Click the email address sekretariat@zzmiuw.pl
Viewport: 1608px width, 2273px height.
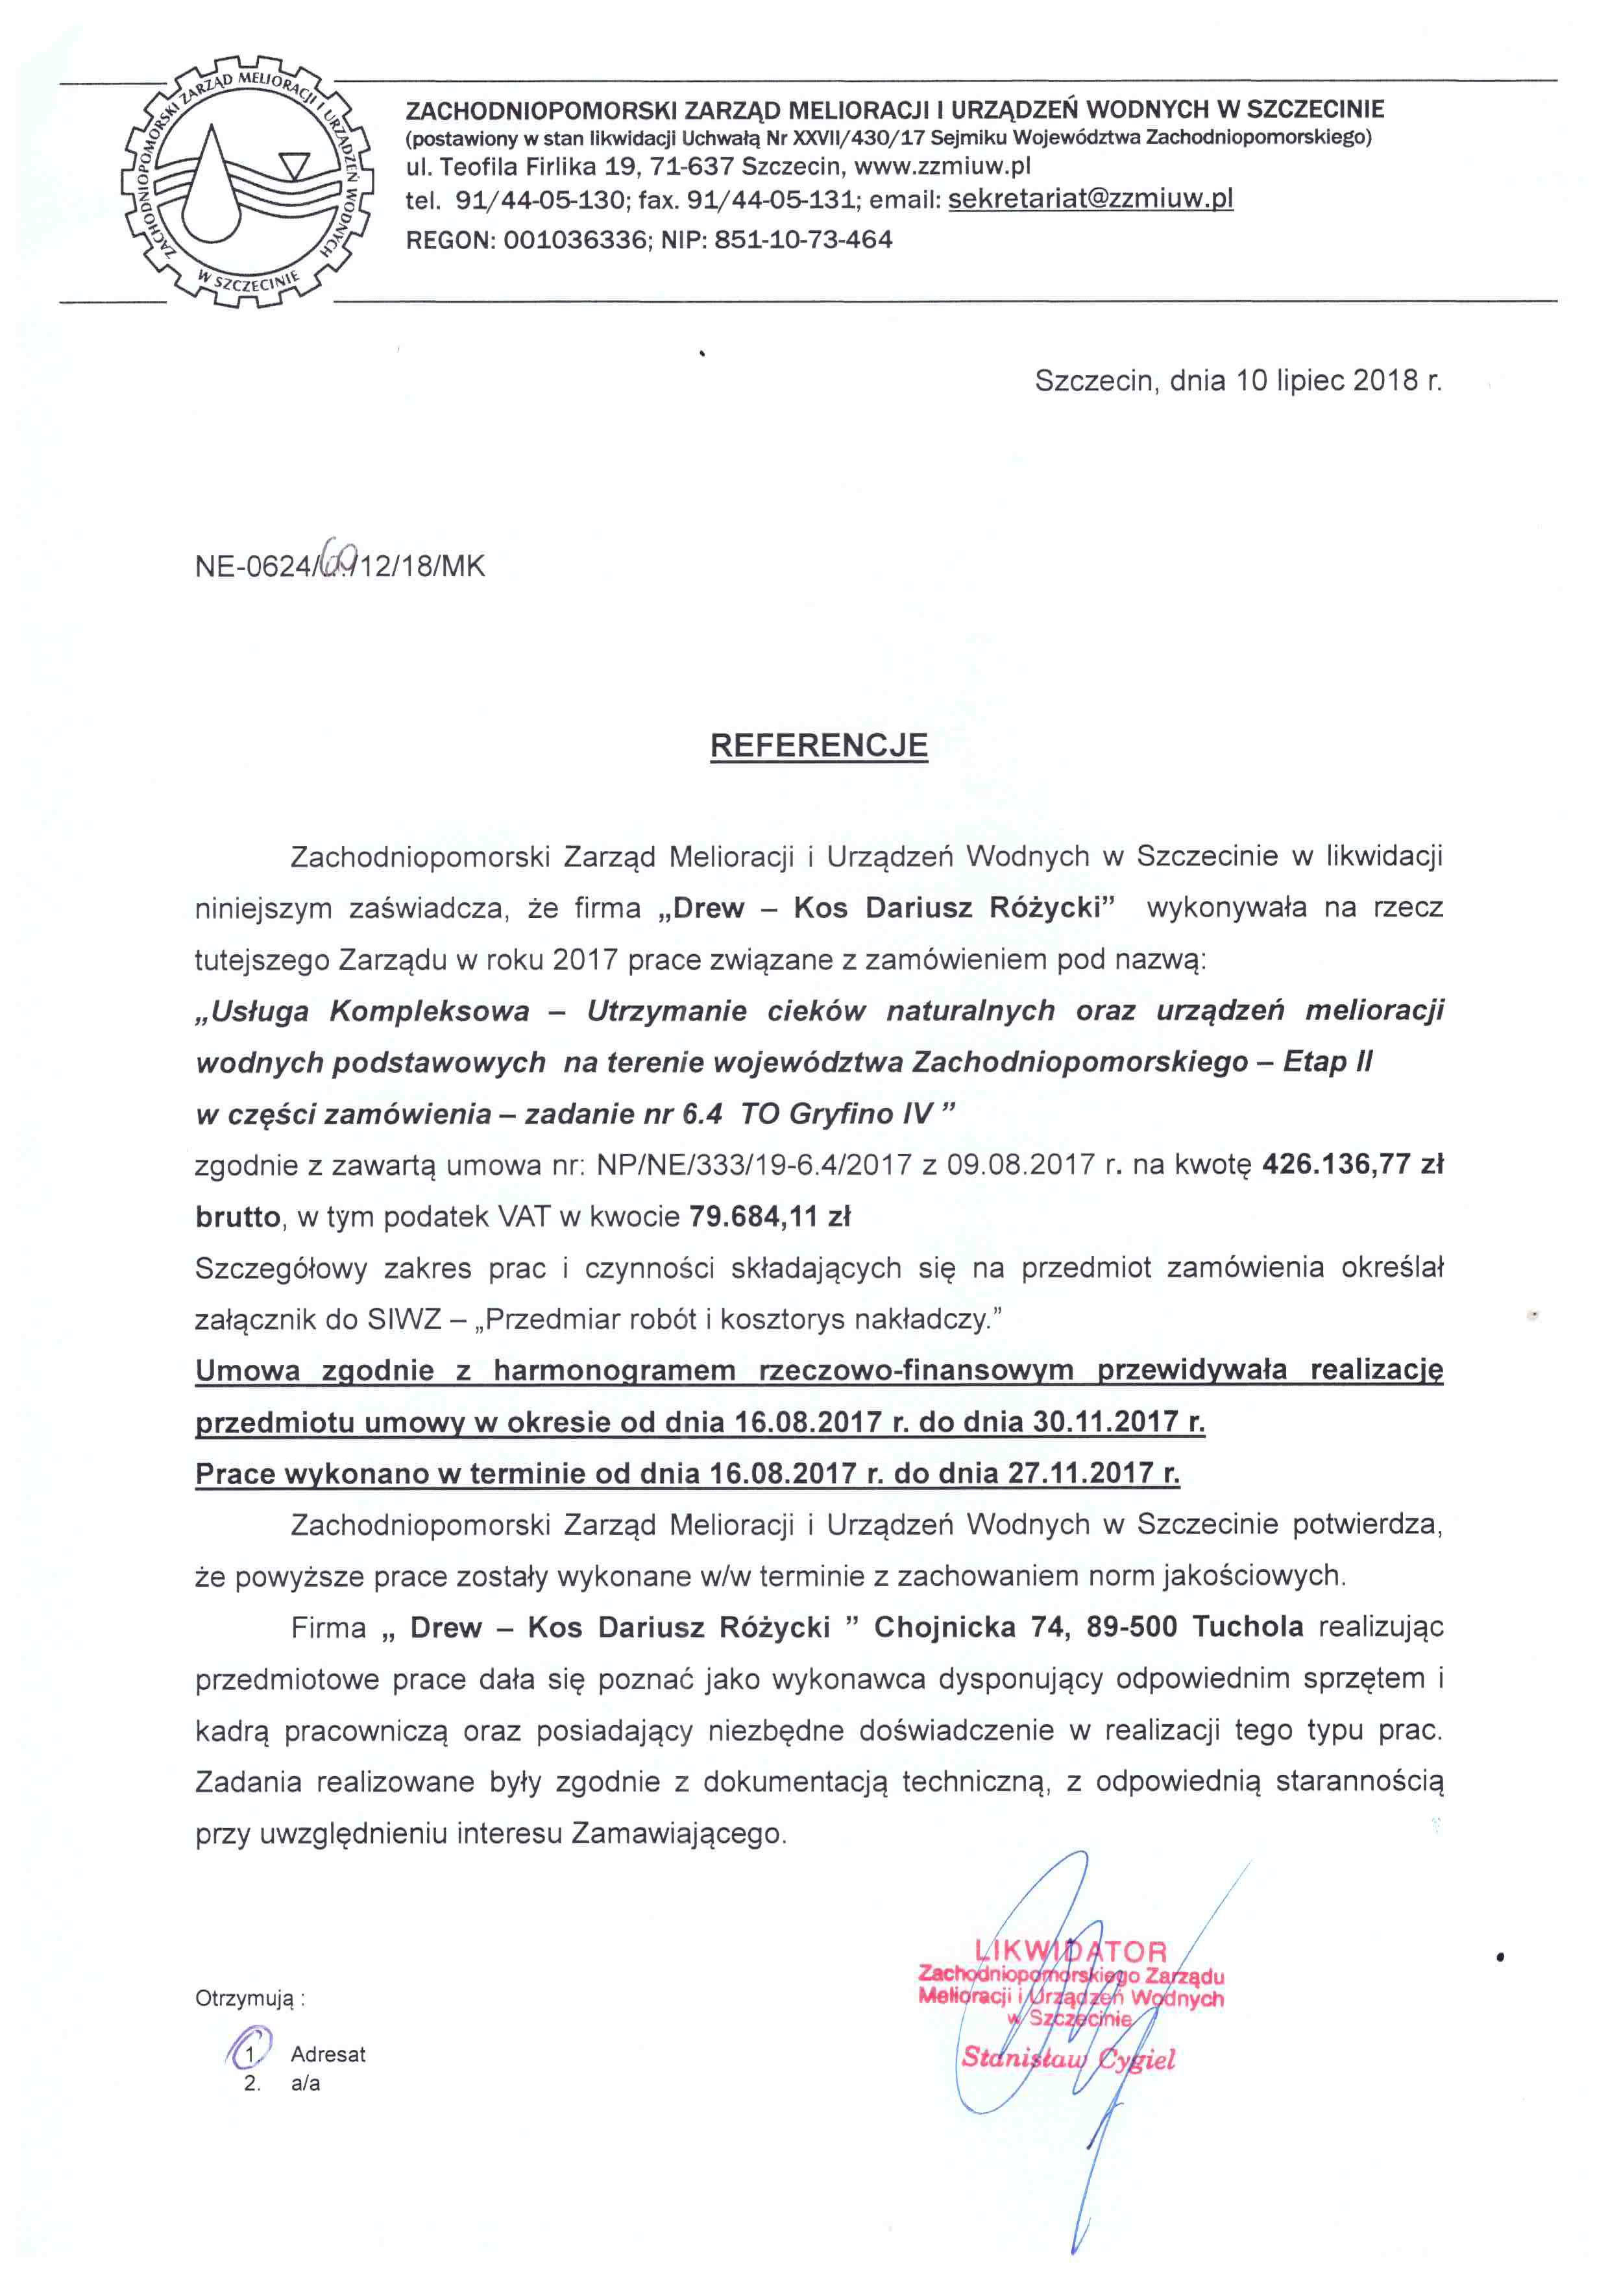(1090, 199)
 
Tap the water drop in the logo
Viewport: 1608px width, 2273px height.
(216, 187)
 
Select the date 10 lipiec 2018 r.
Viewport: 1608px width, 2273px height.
(1339, 381)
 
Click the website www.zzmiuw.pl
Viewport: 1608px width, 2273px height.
(943, 166)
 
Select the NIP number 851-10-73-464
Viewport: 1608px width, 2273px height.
(803, 239)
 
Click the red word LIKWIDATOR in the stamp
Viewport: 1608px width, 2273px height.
(1071, 1951)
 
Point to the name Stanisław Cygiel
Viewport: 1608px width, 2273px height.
(1068, 2059)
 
